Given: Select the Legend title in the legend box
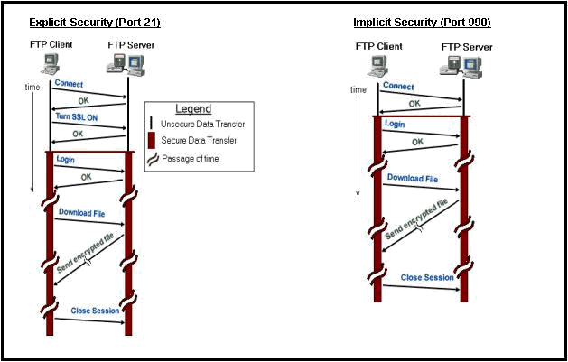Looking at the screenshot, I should tap(191, 108).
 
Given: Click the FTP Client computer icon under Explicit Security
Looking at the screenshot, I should tap(51, 62).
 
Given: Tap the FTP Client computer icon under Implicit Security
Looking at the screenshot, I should tap(378, 65).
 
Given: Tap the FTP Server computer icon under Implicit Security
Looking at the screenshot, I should tap(458, 64).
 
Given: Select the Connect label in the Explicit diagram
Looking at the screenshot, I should tap(70, 84).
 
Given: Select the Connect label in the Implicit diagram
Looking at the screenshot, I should tap(398, 87).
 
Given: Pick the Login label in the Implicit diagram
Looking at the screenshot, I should tap(395, 124).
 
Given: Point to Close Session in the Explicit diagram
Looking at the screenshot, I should tap(95, 311).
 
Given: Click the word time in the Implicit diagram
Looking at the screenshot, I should tap(358, 89).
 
